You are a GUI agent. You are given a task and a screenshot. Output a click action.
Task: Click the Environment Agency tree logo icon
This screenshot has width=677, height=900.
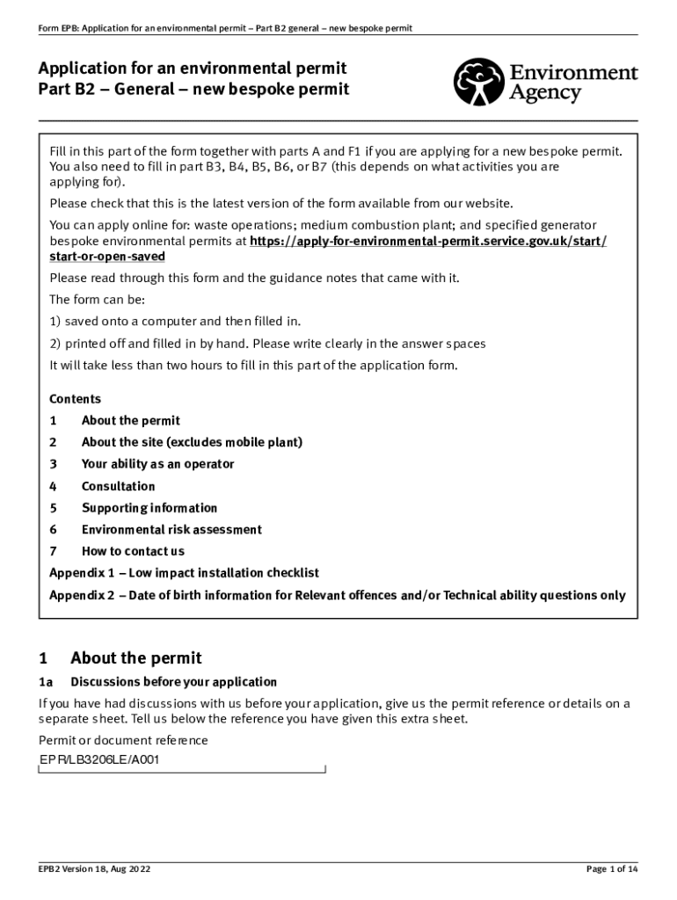pos(478,82)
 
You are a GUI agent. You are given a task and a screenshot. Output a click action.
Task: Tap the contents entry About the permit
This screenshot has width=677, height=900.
pos(130,421)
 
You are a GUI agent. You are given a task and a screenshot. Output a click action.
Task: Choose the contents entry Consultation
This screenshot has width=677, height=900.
pos(118,486)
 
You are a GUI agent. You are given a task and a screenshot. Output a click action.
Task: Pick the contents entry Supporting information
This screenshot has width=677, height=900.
pos(149,508)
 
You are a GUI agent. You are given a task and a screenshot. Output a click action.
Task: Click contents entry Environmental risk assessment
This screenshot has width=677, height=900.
pos(171,530)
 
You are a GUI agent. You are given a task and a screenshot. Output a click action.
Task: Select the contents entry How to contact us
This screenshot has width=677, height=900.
pos(133,552)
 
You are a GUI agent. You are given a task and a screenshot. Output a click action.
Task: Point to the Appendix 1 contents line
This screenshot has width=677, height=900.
pos(184,573)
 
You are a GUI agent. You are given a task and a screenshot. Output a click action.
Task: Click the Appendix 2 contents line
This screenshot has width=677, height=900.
pos(337,595)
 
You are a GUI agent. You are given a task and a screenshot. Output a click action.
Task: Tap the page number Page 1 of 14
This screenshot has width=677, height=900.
pos(611,869)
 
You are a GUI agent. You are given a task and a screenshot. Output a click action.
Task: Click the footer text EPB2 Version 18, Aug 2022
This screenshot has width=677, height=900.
pos(94,869)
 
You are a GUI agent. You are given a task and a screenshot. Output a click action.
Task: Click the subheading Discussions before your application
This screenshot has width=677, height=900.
pos(173,682)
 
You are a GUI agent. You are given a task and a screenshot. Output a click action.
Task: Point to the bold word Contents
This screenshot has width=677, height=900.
pos(75,399)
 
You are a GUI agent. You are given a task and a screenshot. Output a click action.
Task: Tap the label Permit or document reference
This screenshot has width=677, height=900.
pos(123,740)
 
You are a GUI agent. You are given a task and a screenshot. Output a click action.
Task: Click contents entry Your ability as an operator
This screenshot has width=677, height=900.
pos(157,464)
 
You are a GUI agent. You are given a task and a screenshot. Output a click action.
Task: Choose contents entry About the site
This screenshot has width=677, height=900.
pos(192,442)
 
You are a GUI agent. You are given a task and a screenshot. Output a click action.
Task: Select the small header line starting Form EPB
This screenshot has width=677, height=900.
pos(224,28)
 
